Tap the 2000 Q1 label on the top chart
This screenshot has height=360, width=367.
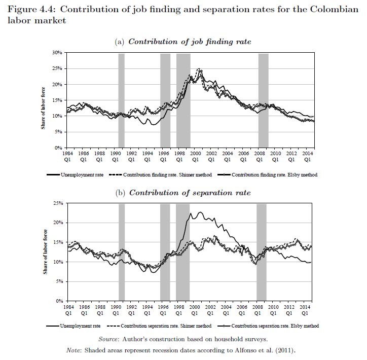click(195, 156)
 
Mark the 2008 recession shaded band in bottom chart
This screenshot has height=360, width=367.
click(262, 252)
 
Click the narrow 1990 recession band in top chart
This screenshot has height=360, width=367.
click(122, 100)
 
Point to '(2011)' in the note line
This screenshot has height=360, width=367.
click(283, 350)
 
